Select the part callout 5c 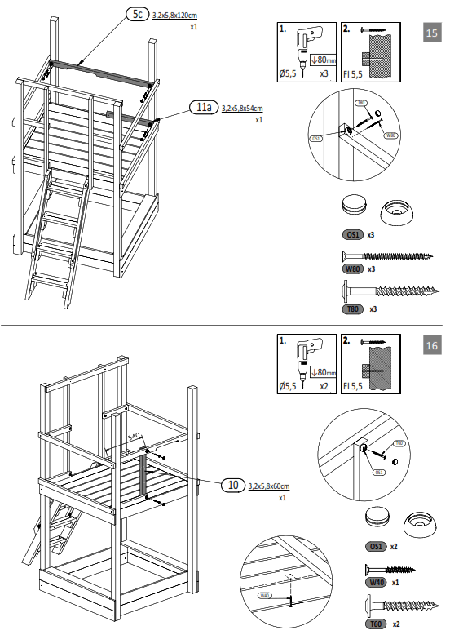[x=136, y=14]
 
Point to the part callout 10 [x=233, y=485]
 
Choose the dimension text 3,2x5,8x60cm [x=269, y=486]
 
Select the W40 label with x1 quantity [x=375, y=583]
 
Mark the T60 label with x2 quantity [x=376, y=623]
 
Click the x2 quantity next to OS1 [x=393, y=545]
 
